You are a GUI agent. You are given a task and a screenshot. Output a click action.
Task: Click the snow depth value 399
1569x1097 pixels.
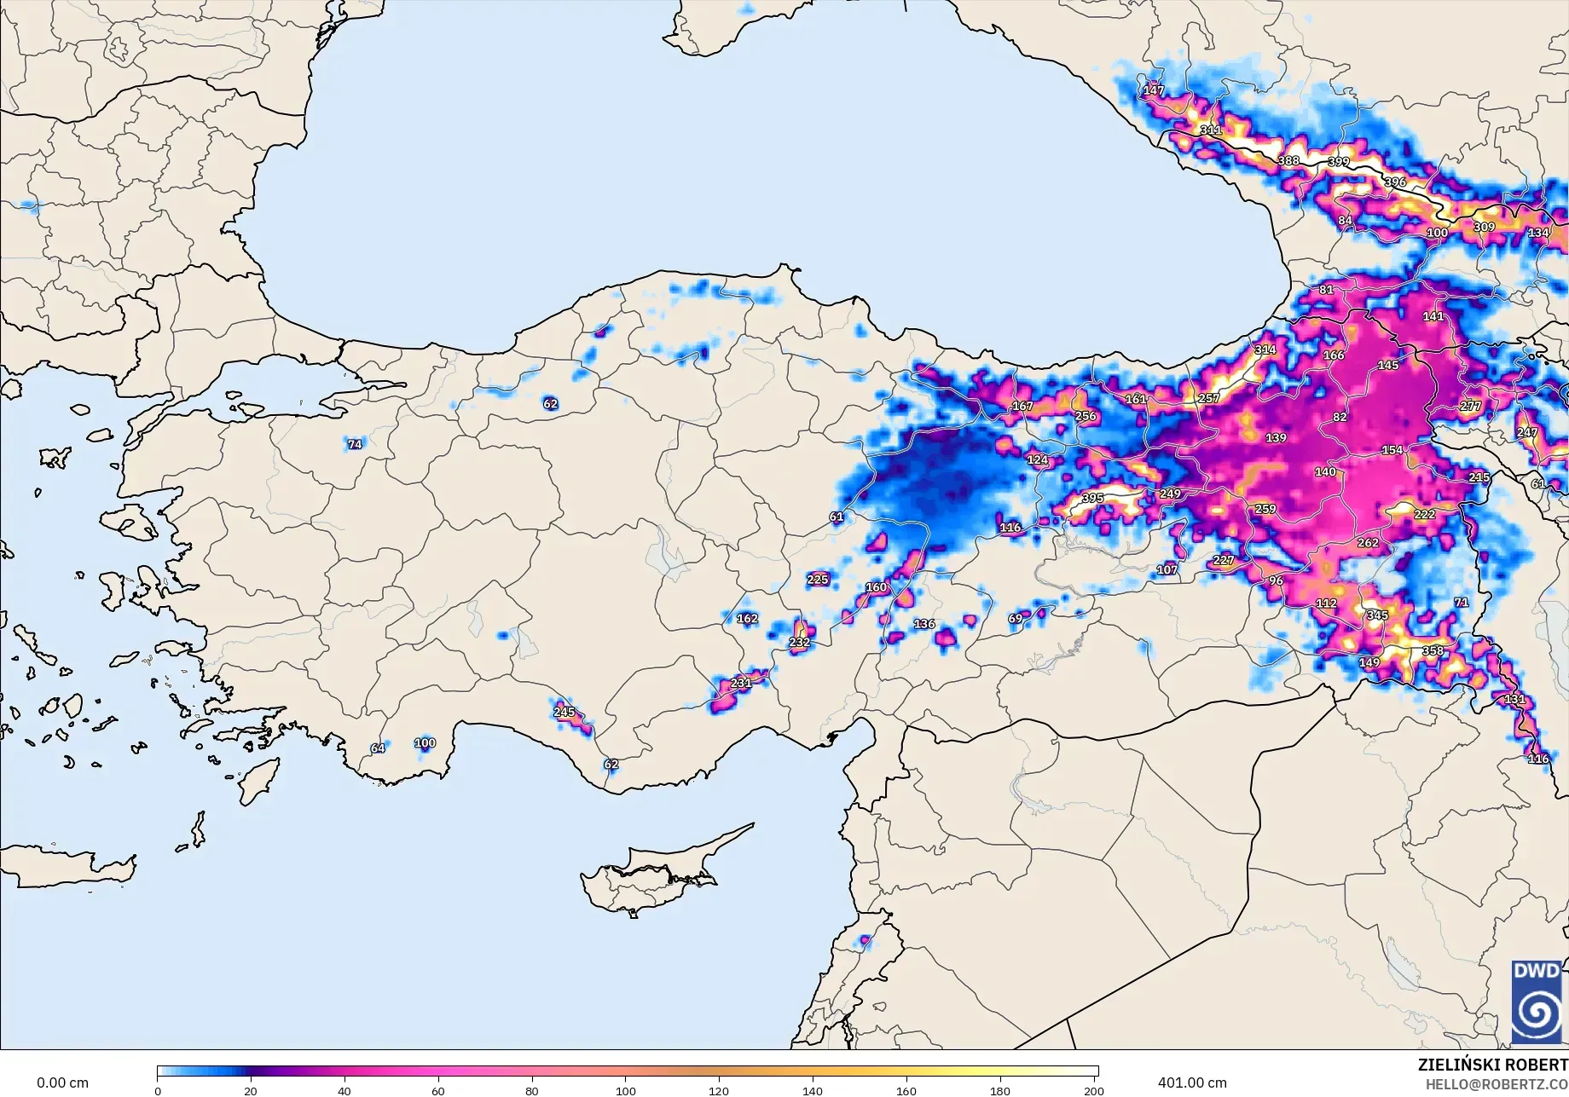point(1339,162)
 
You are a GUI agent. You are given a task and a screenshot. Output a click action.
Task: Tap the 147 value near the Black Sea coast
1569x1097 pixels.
point(1153,90)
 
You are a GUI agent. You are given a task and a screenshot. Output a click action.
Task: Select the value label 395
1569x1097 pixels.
point(1092,498)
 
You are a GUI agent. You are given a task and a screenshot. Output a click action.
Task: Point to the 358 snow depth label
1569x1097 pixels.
point(1433,650)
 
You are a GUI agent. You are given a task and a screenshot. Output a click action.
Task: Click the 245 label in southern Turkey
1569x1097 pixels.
point(564,712)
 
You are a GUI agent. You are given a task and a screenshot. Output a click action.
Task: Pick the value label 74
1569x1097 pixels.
point(355,444)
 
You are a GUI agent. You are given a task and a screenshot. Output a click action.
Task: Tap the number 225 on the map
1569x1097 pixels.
point(817,580)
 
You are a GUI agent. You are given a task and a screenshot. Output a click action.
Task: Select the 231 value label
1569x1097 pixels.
point(741,683)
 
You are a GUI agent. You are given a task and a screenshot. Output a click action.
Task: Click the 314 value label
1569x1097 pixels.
point(1265,349)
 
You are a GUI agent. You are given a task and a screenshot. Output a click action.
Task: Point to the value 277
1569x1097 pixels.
point(1470,406)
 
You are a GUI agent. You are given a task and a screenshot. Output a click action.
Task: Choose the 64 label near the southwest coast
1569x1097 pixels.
point(378,748)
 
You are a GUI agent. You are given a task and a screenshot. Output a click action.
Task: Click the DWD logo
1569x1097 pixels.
point(1537,1002)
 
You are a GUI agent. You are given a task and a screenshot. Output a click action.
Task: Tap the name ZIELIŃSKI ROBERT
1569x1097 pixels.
point(1492,1065)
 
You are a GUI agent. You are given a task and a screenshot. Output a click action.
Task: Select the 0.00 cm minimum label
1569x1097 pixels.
point(62,1083)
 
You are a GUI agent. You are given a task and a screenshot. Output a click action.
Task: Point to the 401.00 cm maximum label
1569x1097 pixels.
point(1192,1083)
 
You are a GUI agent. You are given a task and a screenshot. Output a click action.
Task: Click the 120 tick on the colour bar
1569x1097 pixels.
point(719,1090)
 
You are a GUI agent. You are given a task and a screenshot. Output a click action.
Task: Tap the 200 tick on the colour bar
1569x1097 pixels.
point(1093,1090)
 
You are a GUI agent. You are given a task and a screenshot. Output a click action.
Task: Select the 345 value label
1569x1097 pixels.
point(1377,615)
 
